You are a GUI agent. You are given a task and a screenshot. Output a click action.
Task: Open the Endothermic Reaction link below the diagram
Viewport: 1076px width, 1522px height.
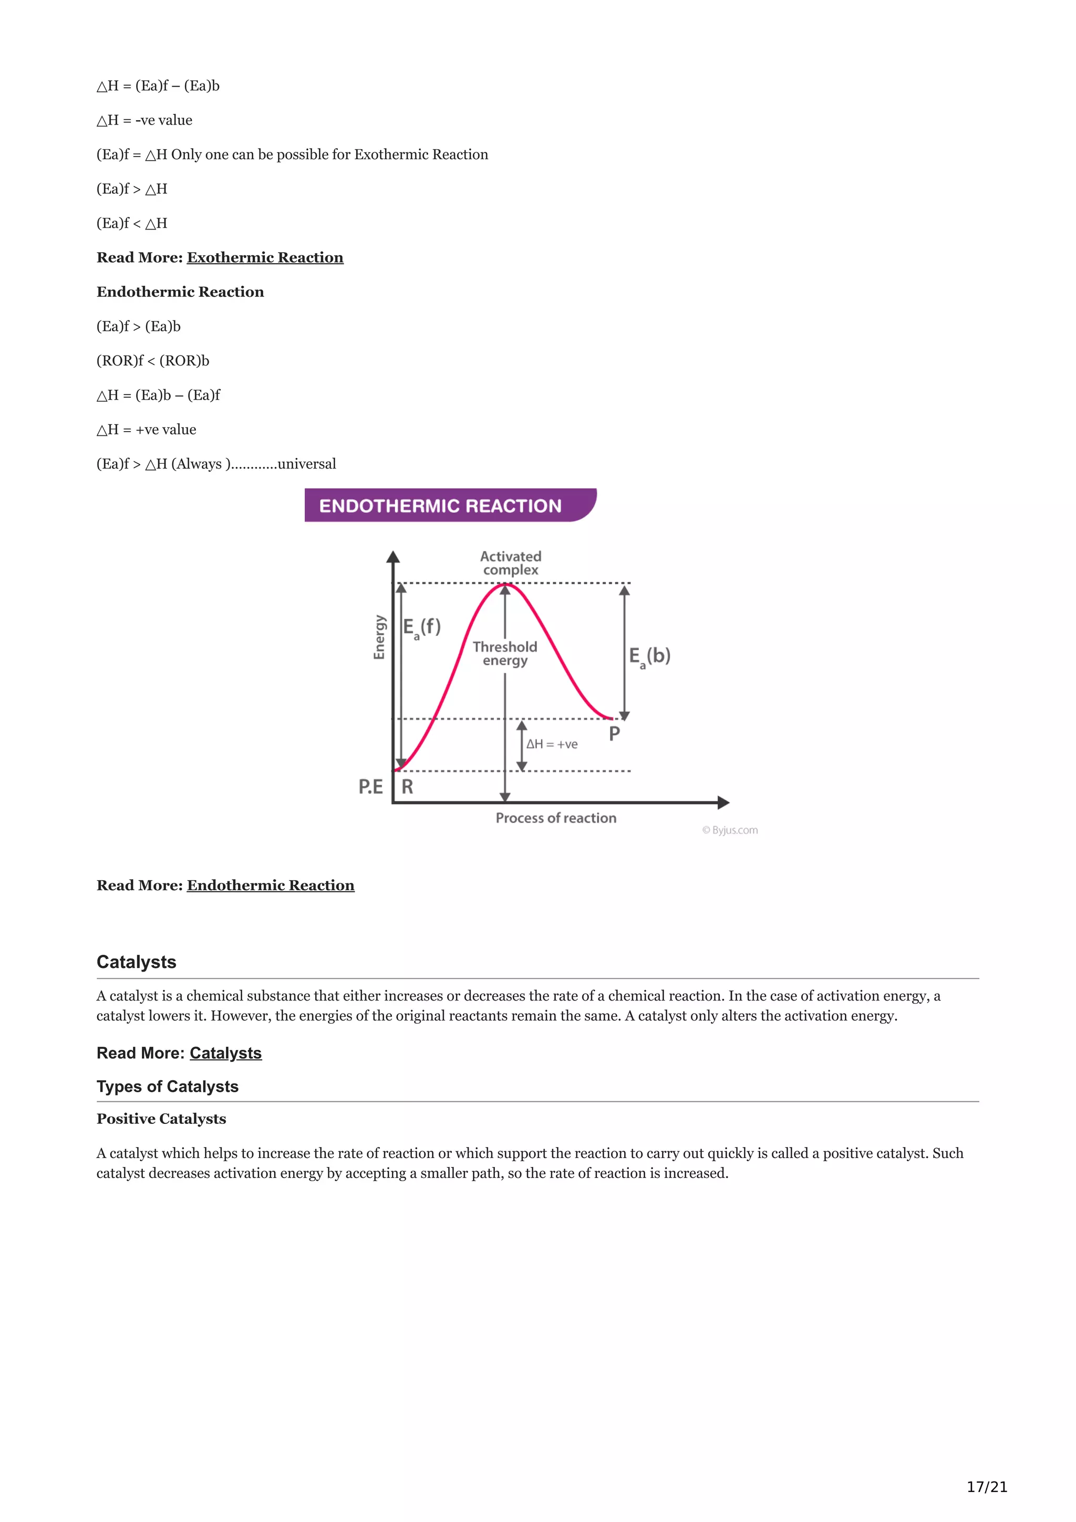tap(271, 885)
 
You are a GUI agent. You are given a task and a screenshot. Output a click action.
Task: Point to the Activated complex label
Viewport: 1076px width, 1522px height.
tap(511, 563)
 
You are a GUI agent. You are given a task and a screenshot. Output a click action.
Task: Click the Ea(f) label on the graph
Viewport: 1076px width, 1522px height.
tap(422, 627)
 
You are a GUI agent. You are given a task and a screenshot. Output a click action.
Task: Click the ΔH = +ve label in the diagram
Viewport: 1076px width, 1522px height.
tap(552, 744)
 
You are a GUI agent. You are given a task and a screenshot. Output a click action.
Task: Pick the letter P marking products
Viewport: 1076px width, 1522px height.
tap(615, 734)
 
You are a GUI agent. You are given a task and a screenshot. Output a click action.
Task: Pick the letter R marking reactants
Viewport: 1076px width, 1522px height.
tap(407, 787)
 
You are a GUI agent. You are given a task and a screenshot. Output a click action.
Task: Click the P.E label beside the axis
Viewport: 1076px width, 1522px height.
tap(370, 787)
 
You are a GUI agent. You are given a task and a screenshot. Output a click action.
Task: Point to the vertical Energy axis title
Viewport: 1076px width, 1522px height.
tap(379, 637)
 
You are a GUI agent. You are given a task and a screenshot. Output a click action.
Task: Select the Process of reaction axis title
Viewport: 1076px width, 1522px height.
tap(555, 818)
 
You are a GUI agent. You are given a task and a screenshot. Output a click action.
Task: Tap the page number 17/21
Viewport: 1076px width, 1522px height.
tap(987, 1487)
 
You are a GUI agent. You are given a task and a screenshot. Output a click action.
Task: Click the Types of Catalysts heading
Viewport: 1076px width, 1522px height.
tap(168, 1087)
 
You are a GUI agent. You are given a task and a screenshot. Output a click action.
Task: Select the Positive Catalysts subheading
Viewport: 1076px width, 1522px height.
tap(161, 1119)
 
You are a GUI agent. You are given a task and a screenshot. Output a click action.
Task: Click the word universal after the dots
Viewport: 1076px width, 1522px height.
tap(306, 464)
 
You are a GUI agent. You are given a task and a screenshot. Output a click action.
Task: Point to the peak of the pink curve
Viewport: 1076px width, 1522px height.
tap(505, 584)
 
